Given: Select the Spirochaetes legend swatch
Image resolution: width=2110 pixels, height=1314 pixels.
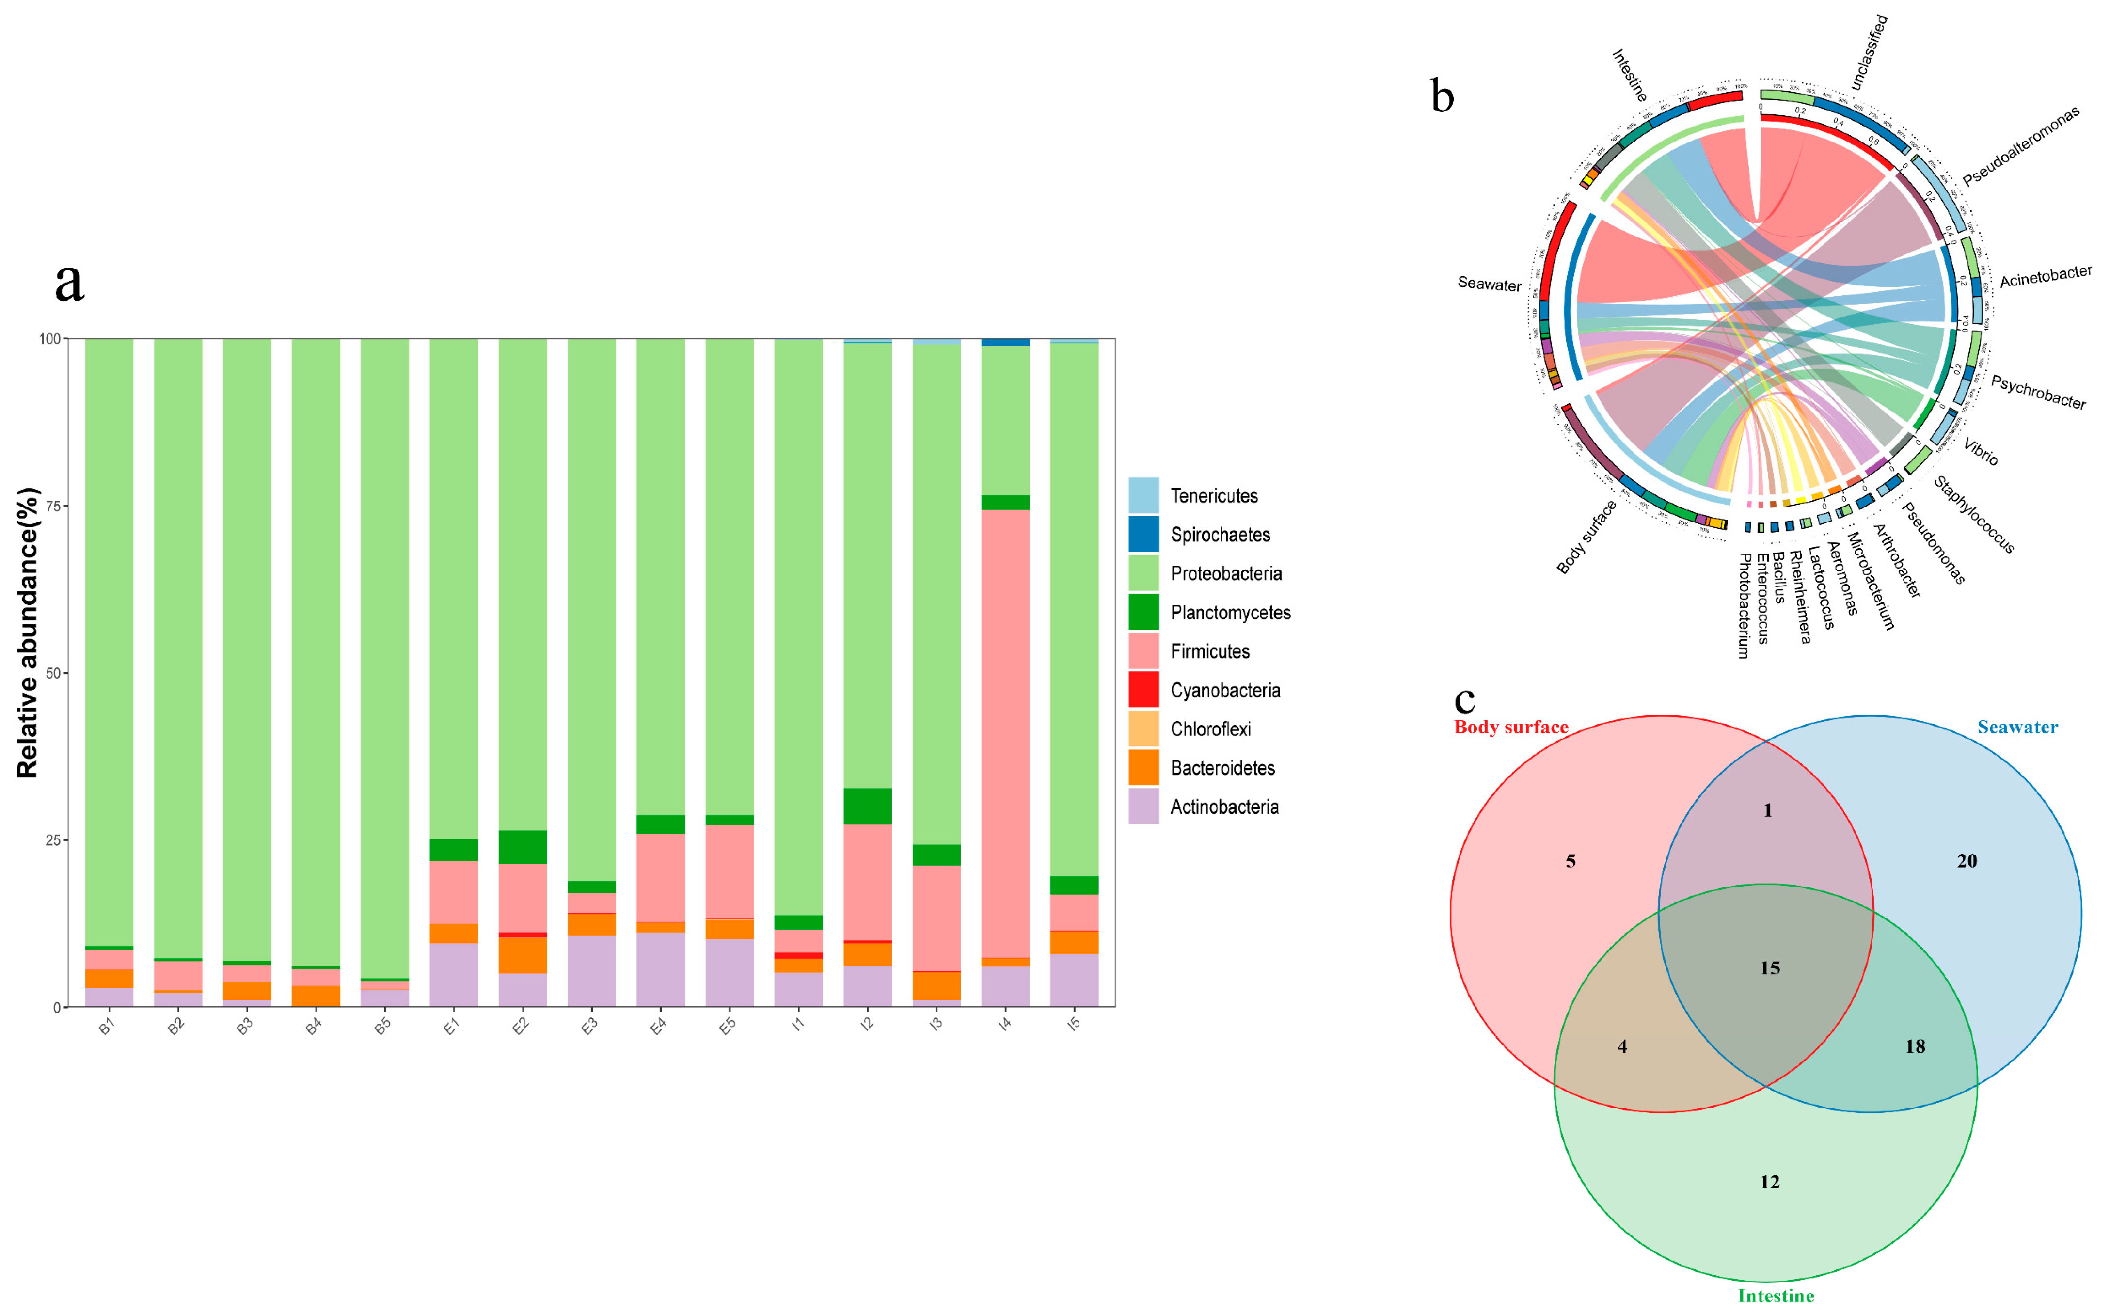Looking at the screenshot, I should click(1143, 535).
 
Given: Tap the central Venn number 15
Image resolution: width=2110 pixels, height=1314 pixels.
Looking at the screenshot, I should click(1770, 968).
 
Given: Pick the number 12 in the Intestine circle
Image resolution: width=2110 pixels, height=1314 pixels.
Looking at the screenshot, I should click(1770, 1182).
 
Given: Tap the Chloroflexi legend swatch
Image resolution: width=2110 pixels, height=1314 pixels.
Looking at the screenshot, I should click(1143, 729).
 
